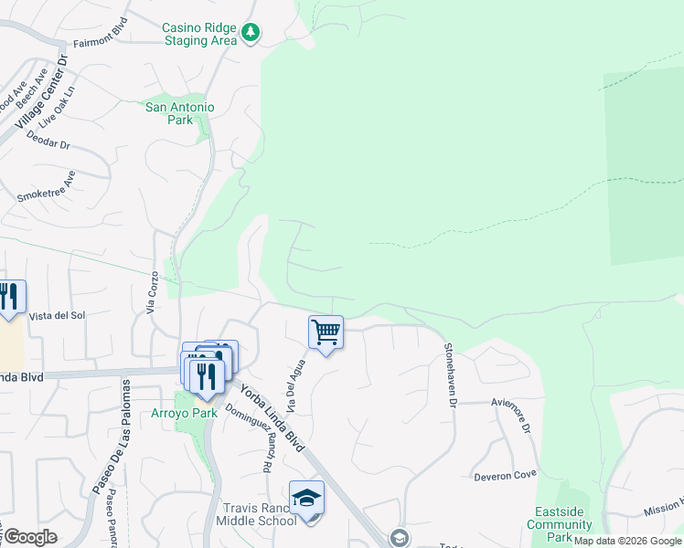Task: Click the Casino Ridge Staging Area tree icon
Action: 251,35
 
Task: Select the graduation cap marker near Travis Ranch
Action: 307,498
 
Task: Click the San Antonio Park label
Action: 181,113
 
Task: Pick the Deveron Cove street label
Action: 505,476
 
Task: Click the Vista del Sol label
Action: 57,315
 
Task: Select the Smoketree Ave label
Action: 46,186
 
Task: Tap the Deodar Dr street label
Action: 49,143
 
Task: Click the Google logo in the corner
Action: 29,537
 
